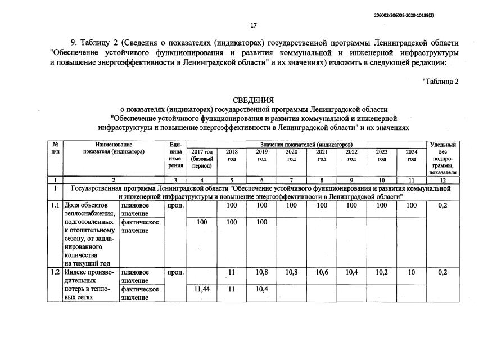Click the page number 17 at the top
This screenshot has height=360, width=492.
(253, 25)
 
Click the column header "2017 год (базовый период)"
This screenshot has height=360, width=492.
(202, 159)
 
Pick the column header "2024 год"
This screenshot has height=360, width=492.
(412, 155)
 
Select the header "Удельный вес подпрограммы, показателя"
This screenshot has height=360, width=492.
(443, 159)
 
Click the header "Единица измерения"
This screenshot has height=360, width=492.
(175, 155)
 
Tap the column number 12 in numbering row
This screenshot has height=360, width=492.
(443, 179)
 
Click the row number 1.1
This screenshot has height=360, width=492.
(55, 206)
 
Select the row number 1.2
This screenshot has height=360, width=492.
(55, 272)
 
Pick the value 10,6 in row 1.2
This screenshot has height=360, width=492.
(322, 272)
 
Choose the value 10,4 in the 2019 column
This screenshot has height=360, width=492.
(261, 289)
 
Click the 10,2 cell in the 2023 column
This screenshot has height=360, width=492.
(382, 272)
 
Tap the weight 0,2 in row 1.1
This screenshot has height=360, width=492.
(443, 206)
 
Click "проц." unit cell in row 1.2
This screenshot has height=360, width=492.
(175, 272)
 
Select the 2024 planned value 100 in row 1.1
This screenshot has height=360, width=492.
(412, 206)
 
